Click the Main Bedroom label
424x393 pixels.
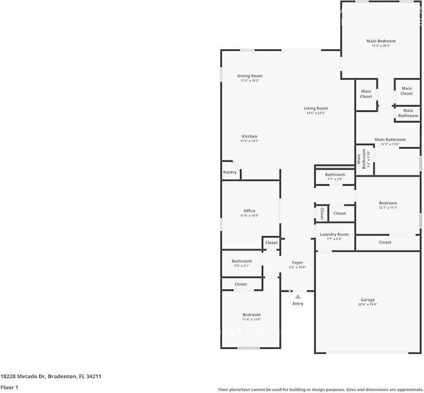[381, 41]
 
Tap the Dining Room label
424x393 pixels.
[250, 76]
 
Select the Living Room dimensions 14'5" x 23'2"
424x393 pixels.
[316, 113]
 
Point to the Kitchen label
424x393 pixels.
[249, 136]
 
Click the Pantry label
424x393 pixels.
[230, 172]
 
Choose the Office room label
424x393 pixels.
[249, 211]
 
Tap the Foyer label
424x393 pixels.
[298, 263]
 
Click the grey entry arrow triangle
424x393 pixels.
[298, 297]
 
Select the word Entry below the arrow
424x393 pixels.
[298, 304]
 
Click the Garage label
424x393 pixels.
[367, 300]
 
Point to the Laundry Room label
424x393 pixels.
[334, 234]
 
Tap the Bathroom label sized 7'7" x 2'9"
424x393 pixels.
[335, 175]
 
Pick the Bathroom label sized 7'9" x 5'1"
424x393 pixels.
[241, 261]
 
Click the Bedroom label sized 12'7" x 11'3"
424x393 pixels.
[388, 203]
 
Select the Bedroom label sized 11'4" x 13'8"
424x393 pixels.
[251, 315]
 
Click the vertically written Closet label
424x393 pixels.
[322, 214]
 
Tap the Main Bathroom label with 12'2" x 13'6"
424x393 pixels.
[390, 140]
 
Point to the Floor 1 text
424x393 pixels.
[9, 387]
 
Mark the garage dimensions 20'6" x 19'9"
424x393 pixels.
[367, 305]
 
